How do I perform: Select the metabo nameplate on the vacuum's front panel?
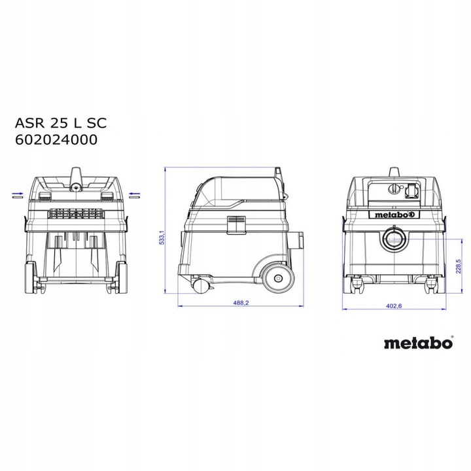pyautogui.click(x=394, y=214)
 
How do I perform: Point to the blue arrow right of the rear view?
pyautogui.click(x=135, y=194)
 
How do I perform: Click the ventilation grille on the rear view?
pyautogui.click(x=76, y=214)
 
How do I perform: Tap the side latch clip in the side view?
pyautogui.click(x=235, y=224)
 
